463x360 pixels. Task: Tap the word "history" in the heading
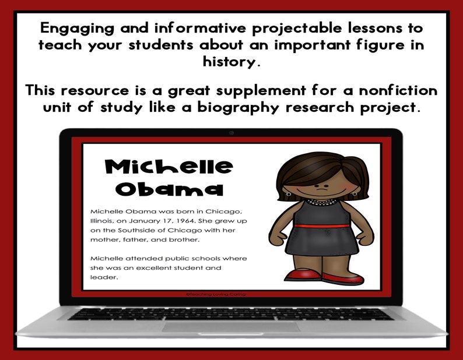point(230,61)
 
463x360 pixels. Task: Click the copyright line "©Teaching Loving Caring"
point(216,295)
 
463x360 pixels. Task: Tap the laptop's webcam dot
point(232,133)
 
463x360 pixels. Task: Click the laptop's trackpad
point(231,327)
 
